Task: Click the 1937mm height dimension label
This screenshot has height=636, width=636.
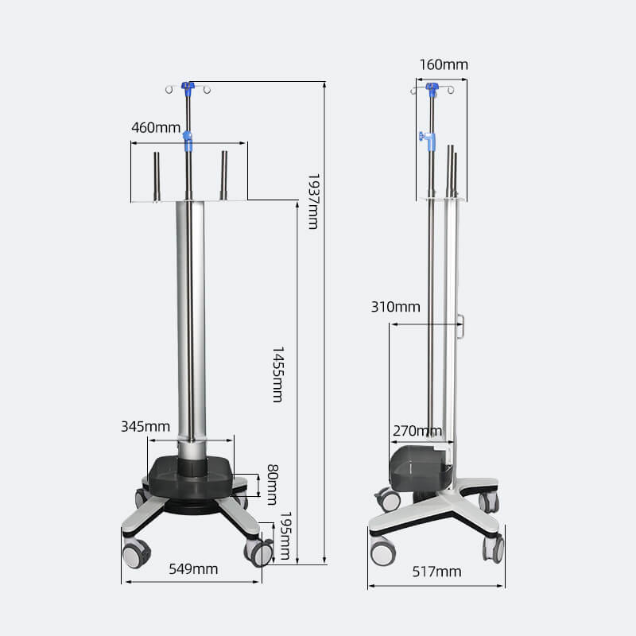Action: pos(313,202)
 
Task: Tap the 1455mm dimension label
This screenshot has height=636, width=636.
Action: pos(277,374)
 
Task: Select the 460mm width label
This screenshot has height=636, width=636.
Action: pos(156,128)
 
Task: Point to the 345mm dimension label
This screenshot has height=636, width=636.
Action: pos(145,426)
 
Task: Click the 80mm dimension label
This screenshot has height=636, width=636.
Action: pos(273,485)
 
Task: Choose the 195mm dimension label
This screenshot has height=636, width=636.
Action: pos(285,535)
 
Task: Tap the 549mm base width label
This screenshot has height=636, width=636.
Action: pos(193,569)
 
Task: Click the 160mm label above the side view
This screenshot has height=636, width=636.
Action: pos(444,64)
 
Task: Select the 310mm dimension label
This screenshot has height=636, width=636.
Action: pos(395,307)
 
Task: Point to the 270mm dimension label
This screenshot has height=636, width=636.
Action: pos(417,431)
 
